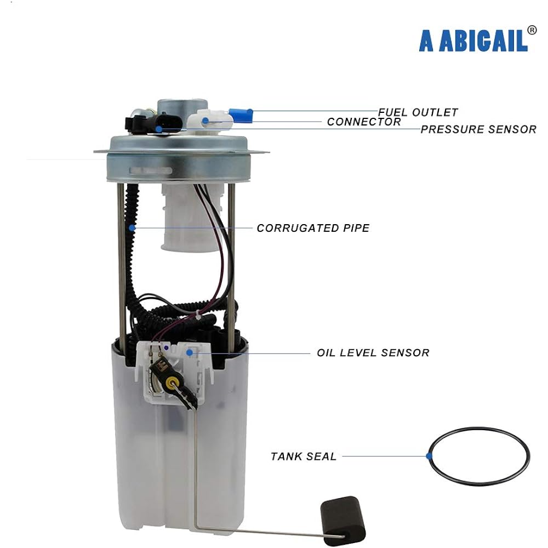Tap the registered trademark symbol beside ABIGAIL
532,30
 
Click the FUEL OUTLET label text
418,112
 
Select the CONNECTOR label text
364,122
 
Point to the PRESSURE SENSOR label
478,129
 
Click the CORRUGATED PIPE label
313,228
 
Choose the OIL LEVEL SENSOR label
373,352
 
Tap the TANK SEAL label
304,456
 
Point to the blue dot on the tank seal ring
429,455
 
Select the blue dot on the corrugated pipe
132,227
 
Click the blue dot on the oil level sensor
190,352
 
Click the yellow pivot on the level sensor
174,382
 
